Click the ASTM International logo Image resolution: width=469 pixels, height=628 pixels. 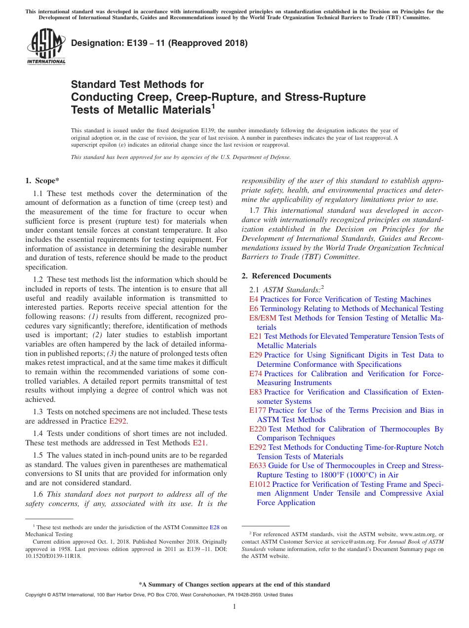(46, 47)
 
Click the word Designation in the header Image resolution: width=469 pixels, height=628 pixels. (94, 43)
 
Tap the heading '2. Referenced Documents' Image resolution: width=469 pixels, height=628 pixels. (286, 276)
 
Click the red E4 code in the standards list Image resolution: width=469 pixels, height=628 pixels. (253, 299)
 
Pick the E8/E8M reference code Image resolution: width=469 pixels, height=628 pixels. (263, 318)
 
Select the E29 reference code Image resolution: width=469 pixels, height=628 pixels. (255, 355)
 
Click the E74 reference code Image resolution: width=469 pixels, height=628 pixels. (255, 374)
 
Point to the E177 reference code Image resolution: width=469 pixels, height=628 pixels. (257, 410)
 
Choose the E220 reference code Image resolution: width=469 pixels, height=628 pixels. (257, 429)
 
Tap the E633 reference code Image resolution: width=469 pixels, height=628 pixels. (257, 466)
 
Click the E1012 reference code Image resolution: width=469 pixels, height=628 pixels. (259, 484)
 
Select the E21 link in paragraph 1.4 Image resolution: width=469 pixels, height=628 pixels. (199, 443)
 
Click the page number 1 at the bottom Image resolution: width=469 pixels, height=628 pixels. (234, 606)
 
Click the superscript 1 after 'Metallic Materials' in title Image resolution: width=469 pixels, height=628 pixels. (213, 106)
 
